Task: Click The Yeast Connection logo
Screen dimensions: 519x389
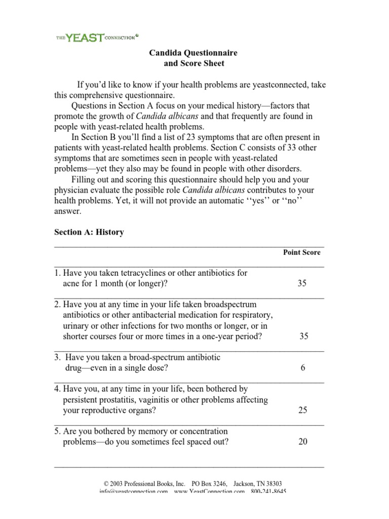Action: click(97, 36)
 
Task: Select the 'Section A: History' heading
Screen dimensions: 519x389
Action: click(89, 232)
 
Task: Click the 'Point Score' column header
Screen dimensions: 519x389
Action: click(301, 252)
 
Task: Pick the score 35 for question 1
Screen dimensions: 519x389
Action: click(302, 283)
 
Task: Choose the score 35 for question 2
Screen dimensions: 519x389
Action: click(303, 336)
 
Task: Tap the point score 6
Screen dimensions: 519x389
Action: click(303, 368)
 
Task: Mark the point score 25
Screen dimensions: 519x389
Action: click(303, 411)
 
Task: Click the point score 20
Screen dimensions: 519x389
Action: click(303, 442)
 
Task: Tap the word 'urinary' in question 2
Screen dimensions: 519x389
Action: click(75, 325)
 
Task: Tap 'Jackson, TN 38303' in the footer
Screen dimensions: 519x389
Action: click(257, 484)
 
